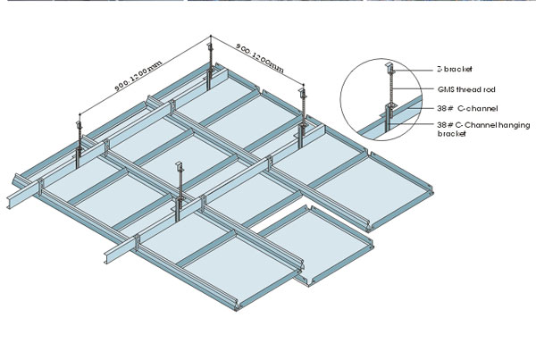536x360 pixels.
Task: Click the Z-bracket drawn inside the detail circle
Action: point(390,68)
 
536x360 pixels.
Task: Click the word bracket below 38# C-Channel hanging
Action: point(452,135)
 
